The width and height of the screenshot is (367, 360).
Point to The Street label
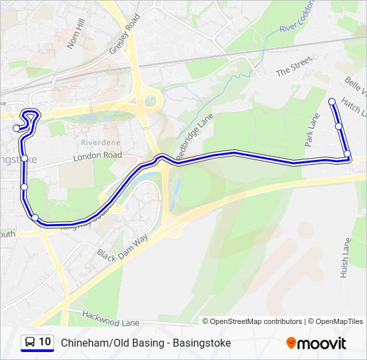(x=294, y=67)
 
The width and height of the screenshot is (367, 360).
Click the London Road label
(x=97, y=155)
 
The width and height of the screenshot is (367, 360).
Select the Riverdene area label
(x=100, y=142)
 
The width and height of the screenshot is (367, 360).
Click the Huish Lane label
(x=345, y=260)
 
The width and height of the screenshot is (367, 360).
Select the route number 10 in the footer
(x=45, y=342)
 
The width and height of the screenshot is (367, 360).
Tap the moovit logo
(x=316, y=343)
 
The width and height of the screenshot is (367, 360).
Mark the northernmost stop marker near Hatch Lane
(x=332, y=101)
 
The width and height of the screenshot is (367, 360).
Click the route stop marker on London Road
(x=24, y=158)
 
